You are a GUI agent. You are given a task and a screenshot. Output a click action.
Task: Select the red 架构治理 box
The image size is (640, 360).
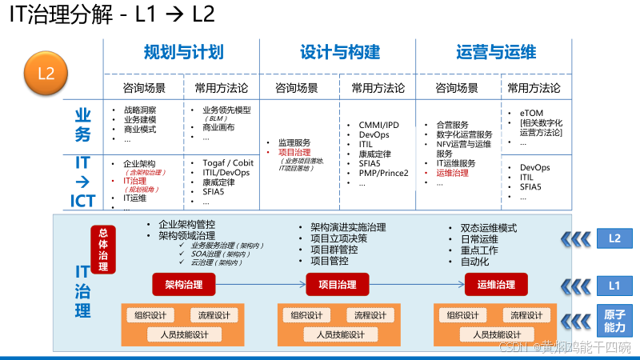pyautogui.click(x=183, y=284)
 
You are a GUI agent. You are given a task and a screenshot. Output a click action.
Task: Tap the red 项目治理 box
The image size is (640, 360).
pyautogui.click(x=337, y=284)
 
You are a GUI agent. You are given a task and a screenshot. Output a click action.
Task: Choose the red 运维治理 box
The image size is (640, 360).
pyautogui.click(x=496, y=284)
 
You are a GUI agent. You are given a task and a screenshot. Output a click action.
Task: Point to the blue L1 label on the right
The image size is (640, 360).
pyautogui.click(x=614, y=284)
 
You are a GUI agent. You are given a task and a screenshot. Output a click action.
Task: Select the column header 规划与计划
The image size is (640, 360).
pyautogui.click(x=183, y=53)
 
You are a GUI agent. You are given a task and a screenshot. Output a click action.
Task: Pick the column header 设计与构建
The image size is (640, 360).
pyautogui.click(x=340, y=53)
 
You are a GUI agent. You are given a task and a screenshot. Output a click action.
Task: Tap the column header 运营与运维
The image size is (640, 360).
pyautogui.click(x=496, y=53)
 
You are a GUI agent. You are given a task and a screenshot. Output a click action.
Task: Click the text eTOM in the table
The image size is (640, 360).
pyautogui.click(x=531, y=112)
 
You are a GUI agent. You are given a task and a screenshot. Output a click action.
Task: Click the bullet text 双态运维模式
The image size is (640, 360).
pyautogui.click(x=489, y=226)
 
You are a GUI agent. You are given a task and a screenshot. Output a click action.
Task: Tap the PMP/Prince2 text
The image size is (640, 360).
pyautogui.click(x=383, y=173)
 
